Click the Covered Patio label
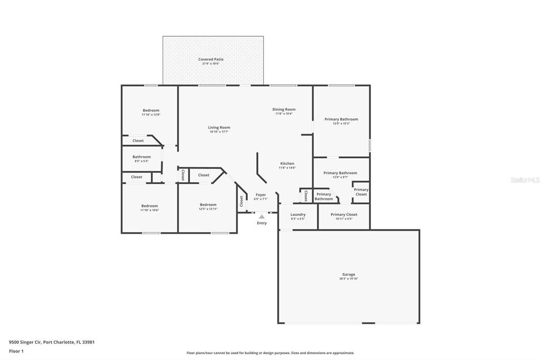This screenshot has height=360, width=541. pyautogui.click(x=211, y=60)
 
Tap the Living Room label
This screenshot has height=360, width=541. pyautogui.click(x=219, y=127)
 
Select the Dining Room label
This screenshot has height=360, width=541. pyautogui.click(x=284, y=109)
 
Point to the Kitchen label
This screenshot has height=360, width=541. pyautogui.click(x=287, y=164)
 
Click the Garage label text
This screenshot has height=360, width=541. pyautogui.click(x=348, y=274)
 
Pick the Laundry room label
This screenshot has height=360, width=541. pyautogui.click(x=298, y=214)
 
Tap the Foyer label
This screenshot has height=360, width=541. pyautogui.click(x=261, y=195)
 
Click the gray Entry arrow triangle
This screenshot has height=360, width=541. pyautogui.click(x=262, y=216)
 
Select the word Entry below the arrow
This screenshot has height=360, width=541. pyautogui.click(x=262, y=223)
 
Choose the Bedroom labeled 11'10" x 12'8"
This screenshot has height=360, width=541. pyautogui.click(x=151, y=110)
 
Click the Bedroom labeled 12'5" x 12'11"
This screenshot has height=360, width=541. pyautogui.click(x=208, y=205)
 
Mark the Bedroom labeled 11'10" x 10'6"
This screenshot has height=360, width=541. pyautogui.click(x=150, y=206)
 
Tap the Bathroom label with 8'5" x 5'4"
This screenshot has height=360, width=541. pyautogui.click(x=142, y=157)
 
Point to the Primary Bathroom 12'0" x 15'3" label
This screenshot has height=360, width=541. pyautogui.click(x=341, y=119)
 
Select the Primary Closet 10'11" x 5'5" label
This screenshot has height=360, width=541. pyautogui.click(x=344, y=214)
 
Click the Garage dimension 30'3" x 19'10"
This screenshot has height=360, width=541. pyautogui.click(x=348, y=279)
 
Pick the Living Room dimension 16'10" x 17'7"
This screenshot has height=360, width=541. pyautogui.click(x=219, y=131)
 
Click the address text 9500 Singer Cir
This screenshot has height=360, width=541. pyautogui.click(x=25, y=342)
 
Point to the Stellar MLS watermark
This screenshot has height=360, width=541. pyautogui.click(x=525, y=180)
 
